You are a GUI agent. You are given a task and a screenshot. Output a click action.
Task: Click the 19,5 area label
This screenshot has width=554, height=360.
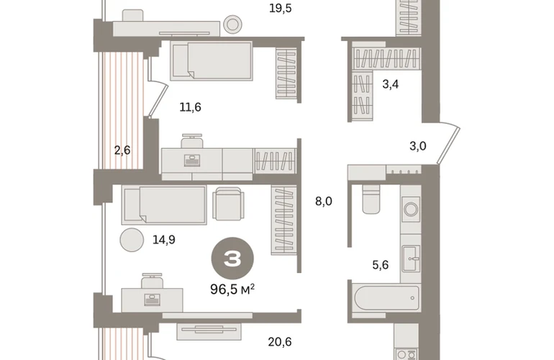click(280, 8)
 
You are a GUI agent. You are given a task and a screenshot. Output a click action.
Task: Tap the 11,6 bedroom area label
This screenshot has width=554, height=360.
click(190, 107)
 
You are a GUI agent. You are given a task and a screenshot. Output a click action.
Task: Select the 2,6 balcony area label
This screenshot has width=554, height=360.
click(122, 150)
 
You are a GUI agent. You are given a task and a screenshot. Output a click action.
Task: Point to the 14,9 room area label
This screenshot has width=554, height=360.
click(163, 240)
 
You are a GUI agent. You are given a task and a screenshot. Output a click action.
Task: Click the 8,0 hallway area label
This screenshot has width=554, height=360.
click(324, 201)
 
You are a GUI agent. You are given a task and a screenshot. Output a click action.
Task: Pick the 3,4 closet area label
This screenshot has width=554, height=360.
click(391, 84)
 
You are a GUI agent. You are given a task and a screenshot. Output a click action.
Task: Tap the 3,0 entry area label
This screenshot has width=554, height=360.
click(417, 145)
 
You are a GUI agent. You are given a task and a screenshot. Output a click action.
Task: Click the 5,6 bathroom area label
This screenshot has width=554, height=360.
click(381, 264)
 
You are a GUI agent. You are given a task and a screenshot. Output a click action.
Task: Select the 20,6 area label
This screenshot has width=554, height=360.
click(280, 342)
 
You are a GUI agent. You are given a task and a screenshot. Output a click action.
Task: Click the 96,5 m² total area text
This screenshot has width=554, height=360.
click(232, 289)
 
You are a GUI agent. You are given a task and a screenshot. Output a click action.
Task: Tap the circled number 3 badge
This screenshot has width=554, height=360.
click(232, 258)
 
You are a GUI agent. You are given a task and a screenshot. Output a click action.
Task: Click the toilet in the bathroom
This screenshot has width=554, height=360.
click(371, 199)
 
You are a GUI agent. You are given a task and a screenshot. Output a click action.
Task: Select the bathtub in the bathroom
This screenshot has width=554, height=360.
click(386, 298)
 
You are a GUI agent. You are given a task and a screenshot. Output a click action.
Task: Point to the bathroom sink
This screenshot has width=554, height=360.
click(411, 258)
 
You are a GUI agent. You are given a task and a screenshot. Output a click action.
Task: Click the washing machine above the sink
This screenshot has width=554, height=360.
click(411, 210)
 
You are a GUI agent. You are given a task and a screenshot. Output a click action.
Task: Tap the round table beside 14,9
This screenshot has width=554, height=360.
click(132, 240)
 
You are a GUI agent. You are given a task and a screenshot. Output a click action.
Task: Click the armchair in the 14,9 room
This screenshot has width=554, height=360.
click(228, 204)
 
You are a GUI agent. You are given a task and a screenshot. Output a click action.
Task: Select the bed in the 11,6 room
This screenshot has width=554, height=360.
click(212, 60)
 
